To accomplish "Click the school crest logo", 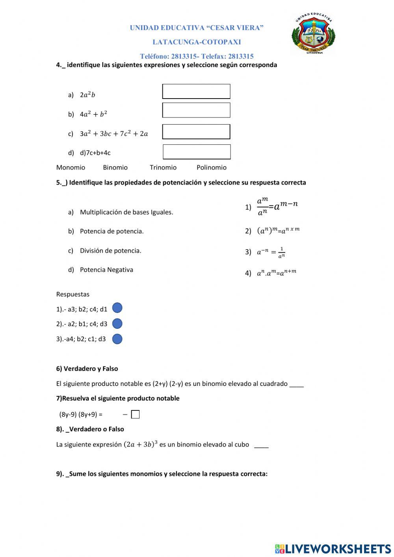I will pos(314,34).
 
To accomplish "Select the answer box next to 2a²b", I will pos(196,91).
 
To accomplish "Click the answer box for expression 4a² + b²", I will pos(196,110).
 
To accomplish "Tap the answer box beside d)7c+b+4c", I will pos(197,152).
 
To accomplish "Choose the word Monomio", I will pos(71,168).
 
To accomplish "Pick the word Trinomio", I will pos(163,168).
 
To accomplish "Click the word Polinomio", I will pos(212,168).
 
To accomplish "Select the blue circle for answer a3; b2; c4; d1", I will pos(117,308).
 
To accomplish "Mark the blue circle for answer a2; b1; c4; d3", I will pos(117,324).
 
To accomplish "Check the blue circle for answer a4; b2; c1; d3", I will pos(117,339).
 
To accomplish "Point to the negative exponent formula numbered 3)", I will pos(271,252).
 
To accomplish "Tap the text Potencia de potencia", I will pos(112,231).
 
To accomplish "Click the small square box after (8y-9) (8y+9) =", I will pos(135,415).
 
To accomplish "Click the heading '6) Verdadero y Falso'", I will pos(87,369).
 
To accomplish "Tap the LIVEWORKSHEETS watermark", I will pos(333,548).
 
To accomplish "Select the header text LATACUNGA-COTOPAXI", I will pos(197,42).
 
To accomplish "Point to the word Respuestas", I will pos(73,294).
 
